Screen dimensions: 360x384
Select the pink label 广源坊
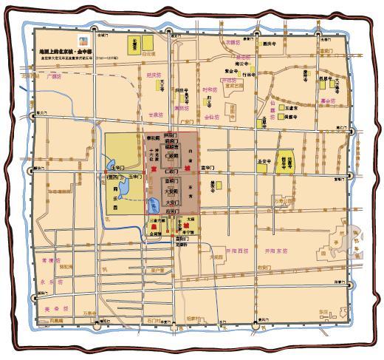click(52, 75)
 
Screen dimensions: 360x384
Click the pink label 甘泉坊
click(154, 115)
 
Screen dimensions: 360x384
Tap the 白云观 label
click(148, 54)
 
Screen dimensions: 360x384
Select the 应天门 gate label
click(171, 211)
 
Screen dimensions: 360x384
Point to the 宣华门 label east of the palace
click(212, 169)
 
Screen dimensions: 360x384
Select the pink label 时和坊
click(210, 89)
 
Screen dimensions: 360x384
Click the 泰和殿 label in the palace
click(156, 137)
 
